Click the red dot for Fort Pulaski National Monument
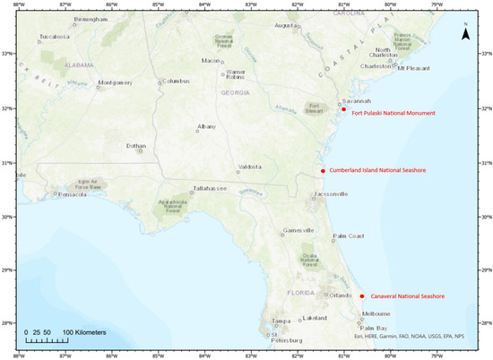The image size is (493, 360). (x=343, y=109)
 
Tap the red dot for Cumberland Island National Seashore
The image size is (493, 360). (x=323, y=170)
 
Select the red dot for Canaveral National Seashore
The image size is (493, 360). (x=362, y=296)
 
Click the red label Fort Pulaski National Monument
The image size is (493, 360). (x=394, y=114)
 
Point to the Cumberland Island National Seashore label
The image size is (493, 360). (x=377, y=170)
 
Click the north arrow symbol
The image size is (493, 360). (x=465, y=34)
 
